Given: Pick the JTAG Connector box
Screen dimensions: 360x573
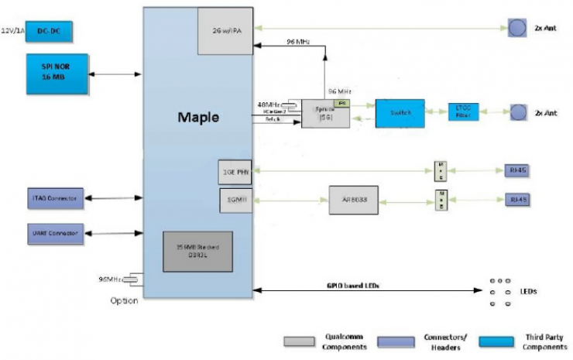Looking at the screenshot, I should coord(57,199).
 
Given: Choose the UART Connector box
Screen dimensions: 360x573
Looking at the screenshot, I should coord(57,231).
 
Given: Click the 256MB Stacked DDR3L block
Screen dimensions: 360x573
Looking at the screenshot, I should coord(197,251).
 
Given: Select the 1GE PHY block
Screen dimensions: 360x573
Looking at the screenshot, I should coord(235,171).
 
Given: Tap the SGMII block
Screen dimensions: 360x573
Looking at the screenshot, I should coord(235,201).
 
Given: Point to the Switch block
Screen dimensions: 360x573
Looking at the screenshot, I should coord(400,113).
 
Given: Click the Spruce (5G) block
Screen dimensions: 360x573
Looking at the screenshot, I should coord(325,113).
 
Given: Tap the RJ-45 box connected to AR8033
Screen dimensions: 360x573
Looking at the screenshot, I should coord(518,200).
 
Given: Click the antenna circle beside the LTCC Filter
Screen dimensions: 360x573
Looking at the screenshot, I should coord(516,112).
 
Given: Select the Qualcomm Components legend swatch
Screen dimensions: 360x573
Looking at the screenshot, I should coord(298,341).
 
